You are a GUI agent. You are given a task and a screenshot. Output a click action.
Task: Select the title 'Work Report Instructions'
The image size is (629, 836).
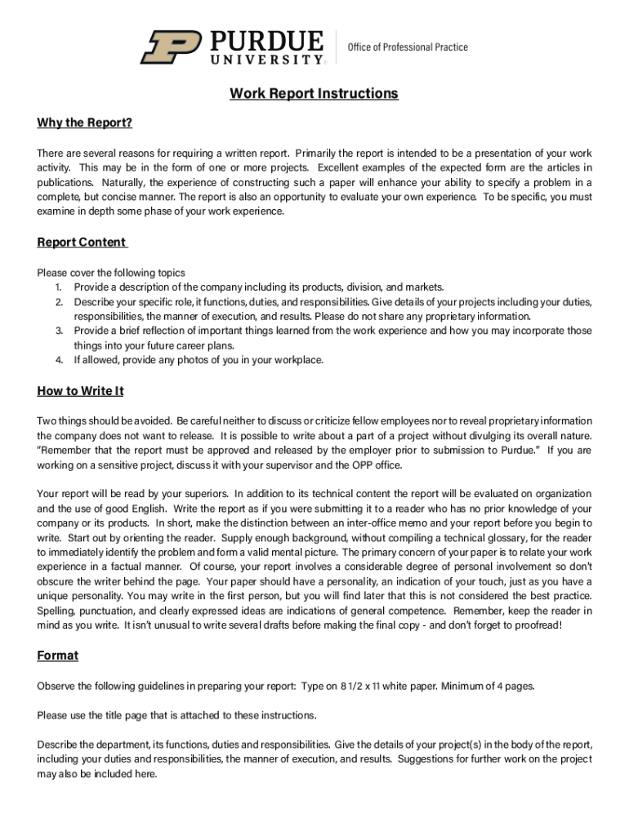314,94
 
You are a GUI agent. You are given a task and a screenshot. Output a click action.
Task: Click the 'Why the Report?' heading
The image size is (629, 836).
84,123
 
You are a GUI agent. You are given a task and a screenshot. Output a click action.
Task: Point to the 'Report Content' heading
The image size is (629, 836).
82,242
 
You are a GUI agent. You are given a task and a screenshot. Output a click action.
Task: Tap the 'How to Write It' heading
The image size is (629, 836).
80,391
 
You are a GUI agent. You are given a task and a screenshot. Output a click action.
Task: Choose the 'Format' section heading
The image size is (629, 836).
57,656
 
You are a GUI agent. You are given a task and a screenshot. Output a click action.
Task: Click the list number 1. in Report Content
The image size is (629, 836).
59,287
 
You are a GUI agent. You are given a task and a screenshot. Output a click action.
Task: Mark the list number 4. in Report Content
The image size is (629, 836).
59,360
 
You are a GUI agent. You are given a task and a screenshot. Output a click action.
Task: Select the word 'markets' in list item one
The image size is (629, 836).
423,287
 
